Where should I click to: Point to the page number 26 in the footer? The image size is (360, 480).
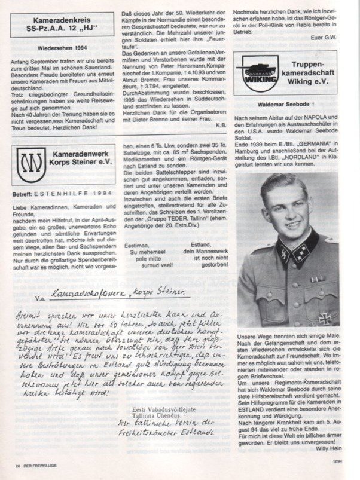(x=10, y=464)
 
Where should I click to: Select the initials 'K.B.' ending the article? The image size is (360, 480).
(x=222, y=142)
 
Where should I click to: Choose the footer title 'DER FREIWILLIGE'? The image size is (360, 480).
(x=35, y=464)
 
